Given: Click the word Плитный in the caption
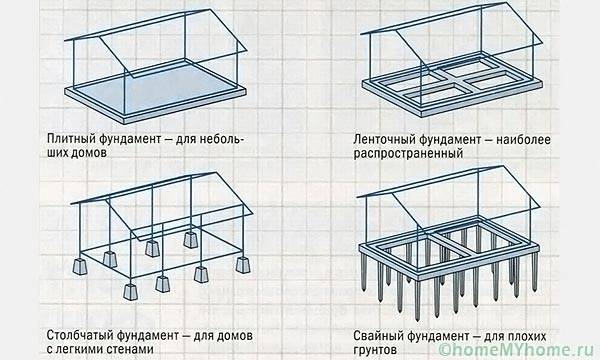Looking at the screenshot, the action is click(71, 139).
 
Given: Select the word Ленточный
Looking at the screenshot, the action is click(384, 140).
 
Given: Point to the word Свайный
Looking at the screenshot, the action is click(378, 336).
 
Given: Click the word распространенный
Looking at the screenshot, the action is click(408, 154).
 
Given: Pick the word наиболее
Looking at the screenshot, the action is click(523, 140).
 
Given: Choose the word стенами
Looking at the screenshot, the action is click(129, 349).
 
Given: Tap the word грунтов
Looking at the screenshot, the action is click(375, 350).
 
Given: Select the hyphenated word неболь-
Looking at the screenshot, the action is click(221, 139).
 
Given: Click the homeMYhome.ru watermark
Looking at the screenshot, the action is click(518, 349).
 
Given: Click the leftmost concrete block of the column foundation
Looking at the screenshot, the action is click(80, 266).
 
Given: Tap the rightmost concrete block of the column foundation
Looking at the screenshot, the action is click(243, 265).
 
